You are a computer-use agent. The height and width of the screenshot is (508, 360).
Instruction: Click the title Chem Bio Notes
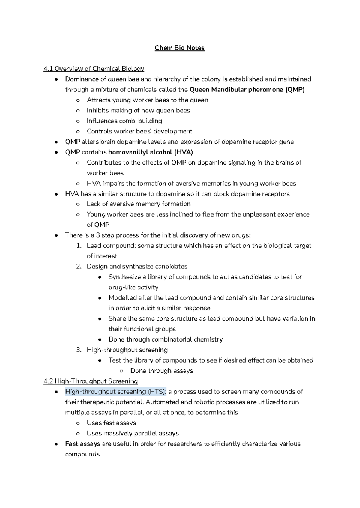(180, 48)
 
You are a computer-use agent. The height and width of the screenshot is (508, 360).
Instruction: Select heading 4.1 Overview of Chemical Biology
(94, 69)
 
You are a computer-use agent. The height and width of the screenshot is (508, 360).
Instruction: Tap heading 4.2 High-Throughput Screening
(91, 381)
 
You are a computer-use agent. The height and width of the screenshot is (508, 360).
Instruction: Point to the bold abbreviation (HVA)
(183, 152)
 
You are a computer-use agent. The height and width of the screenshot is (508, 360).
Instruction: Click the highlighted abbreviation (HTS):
(157, 392)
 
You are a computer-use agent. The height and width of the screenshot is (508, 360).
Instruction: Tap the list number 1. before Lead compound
(79, 246)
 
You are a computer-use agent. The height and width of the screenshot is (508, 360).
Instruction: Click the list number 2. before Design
(79, 267)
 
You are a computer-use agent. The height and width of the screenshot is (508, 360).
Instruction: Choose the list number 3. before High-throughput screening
(79, 350)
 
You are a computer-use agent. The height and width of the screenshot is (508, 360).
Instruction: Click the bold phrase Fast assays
(82, 444)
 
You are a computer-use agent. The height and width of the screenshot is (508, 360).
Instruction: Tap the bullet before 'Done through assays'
(121, 371)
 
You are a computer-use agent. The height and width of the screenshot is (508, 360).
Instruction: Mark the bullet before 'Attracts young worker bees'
(78, 100)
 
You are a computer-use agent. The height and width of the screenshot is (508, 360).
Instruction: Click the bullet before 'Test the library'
(100, 360)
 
